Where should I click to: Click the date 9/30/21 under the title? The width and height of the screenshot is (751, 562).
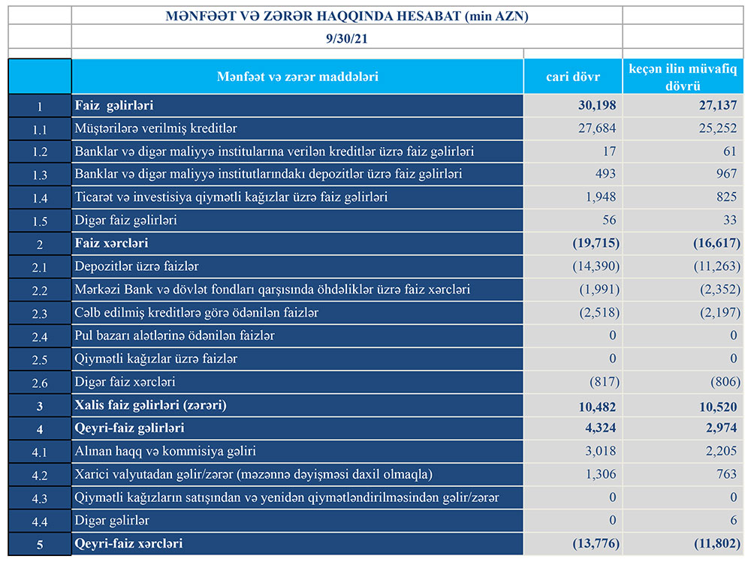point(347,38)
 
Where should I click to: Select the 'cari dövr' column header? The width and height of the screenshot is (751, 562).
point(572,77)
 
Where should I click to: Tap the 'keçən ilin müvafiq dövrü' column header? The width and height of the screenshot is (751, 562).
point(683,77)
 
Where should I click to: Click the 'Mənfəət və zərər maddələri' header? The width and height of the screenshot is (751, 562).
point(297,77)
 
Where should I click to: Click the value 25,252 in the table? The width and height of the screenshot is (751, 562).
point(719,129)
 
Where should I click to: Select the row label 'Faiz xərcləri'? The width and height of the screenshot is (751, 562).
point(111,244)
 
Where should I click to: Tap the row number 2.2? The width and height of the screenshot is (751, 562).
point(40,290)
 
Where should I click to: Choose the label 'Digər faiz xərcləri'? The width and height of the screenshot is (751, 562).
point(125,382)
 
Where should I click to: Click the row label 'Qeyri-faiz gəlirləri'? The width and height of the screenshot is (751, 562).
point(129,428)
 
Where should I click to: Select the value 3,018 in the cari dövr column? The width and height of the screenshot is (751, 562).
point(599,451)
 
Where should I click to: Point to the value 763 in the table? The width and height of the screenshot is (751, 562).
point(726,474)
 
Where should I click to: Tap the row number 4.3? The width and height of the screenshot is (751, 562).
point(40,497)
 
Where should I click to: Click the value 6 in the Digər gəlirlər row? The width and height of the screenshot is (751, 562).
point(734,520)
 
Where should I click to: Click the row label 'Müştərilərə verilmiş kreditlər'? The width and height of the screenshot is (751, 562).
point(156,129)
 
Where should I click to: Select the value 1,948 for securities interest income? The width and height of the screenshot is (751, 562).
point(599,198)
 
